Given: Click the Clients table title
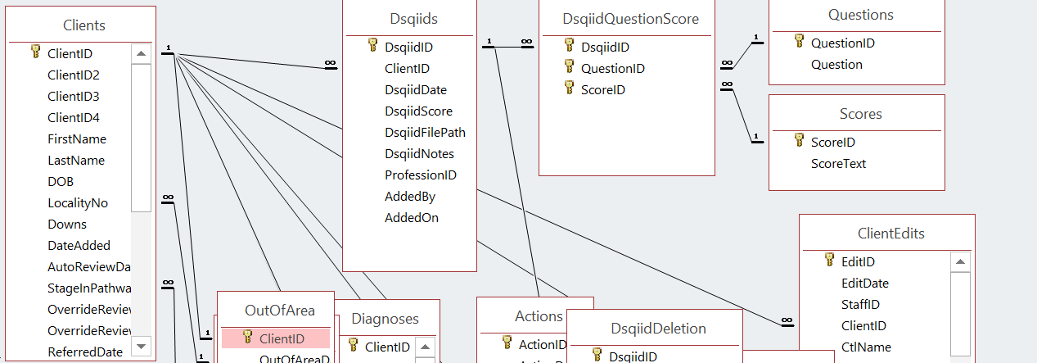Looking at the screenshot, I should click(83, 26).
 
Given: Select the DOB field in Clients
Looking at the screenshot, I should click(61, 182).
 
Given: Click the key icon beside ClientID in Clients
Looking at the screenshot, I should click(36, 52).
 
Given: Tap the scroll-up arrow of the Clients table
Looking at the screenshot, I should click(141, 54).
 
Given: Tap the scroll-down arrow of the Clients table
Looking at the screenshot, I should click(141, 346).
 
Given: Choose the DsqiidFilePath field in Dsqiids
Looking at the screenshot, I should click(425, 133).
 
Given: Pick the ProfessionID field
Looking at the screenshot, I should click(421, 175).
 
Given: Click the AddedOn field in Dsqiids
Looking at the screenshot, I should click(412, 218).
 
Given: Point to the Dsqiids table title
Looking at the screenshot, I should click(413, 19).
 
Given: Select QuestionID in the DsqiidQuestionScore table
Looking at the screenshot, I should click(613, 69).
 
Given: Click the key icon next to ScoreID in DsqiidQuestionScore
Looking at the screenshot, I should click(570, 88).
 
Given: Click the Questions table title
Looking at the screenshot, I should click(860, 16).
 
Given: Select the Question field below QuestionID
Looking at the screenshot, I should click(836, 65).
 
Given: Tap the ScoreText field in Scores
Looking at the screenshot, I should click(838, 164).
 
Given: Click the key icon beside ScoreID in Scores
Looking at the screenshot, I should click(799, 141).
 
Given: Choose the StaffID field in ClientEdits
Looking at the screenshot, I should click(860, 305).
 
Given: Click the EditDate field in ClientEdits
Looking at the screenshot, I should click(864, 284).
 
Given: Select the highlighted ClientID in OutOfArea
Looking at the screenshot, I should click(282, 338).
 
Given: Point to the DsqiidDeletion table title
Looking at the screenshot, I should click(658, 329).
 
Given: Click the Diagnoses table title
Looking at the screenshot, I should click(385, 319).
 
